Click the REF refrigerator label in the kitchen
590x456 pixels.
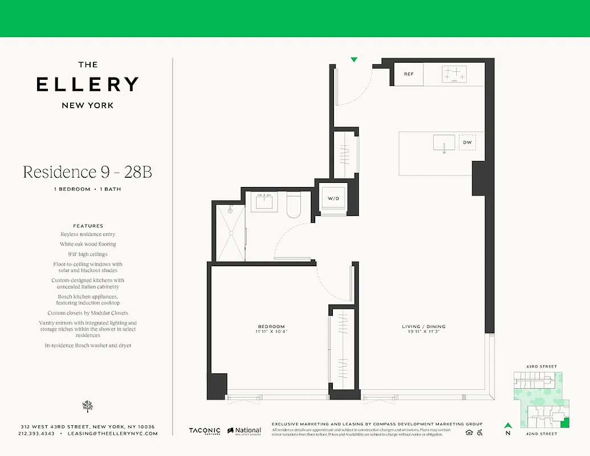pos(409,74)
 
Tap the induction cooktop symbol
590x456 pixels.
pos(455,74)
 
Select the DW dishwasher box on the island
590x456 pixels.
pos(467,142)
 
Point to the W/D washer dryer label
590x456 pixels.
pos(332,198)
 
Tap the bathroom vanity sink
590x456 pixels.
pos(264,203)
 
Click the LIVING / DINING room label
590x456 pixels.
pos(424,327)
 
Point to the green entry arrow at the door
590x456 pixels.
pos(354,59)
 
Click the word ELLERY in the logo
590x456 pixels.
pos(87,84)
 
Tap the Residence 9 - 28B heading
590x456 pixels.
pos(87,172)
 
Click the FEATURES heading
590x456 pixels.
pos(88,226)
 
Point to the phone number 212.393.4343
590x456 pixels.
pos(36,434)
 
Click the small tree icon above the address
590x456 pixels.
pos(87,406)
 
